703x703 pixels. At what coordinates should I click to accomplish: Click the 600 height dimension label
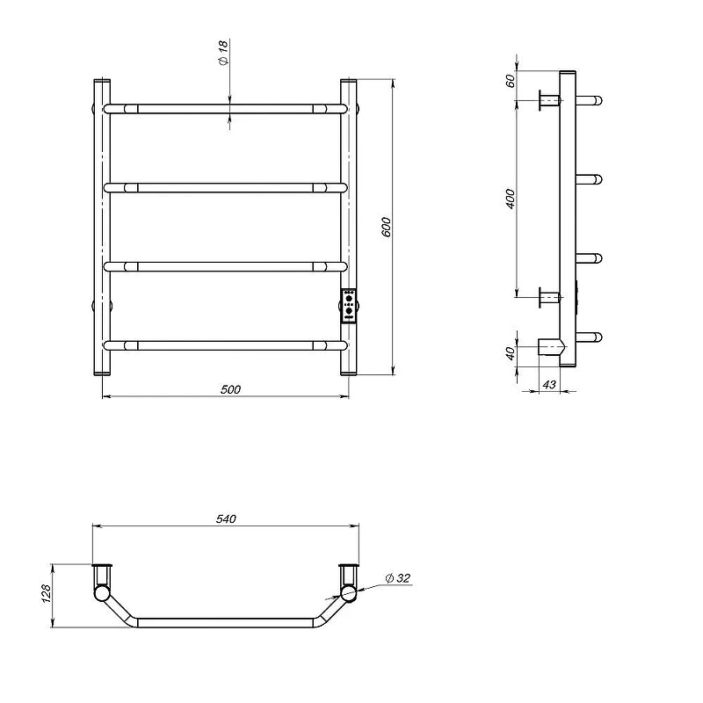[x=387, y=227]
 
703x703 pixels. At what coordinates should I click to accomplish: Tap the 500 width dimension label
[x=230, y=389]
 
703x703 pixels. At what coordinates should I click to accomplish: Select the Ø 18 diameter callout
[x=224, y=53]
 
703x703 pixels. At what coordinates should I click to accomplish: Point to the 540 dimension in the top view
[x=226, y=518]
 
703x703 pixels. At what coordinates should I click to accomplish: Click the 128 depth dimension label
[x=47, y=593]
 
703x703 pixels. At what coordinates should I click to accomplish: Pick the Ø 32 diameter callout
[x=398, y=578]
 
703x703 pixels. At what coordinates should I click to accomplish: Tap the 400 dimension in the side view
[x=511, y=199]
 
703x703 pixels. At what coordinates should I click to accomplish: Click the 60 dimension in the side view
[x=511, y=81]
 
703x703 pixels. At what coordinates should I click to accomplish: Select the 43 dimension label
[x=549, y=385]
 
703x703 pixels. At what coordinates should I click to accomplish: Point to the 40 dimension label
[x=511, y=353]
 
